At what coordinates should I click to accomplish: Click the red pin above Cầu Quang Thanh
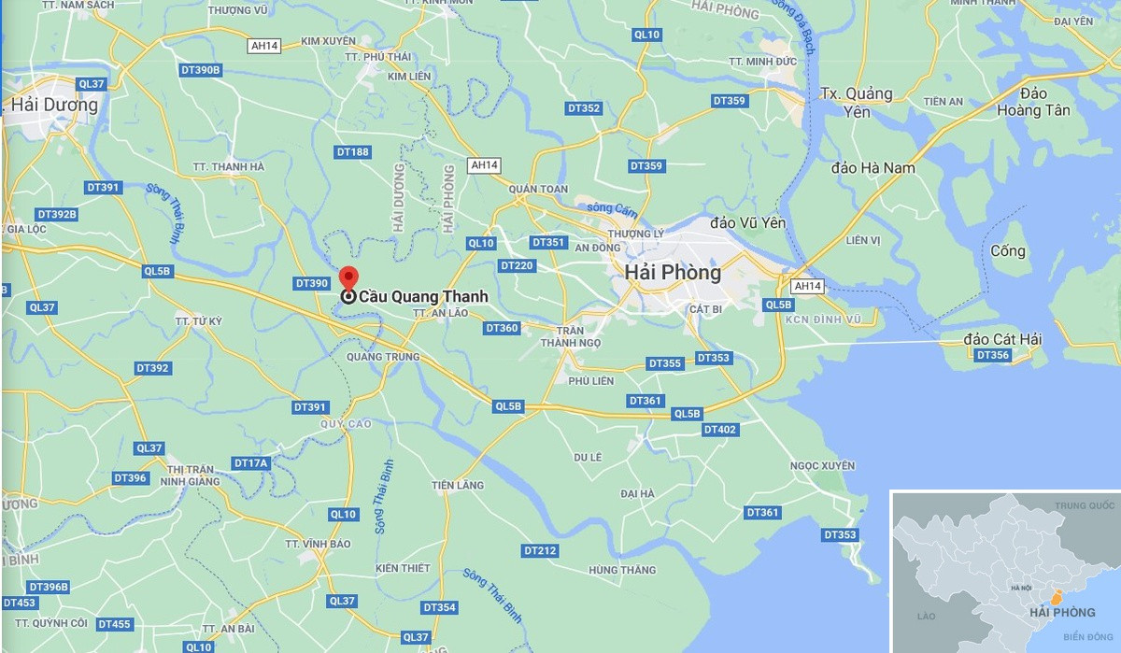348,278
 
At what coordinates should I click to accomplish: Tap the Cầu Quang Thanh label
423,297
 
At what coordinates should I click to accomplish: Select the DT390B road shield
201,70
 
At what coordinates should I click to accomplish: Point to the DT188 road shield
353,151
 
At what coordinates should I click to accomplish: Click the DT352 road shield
585,108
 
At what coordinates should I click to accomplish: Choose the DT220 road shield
517,266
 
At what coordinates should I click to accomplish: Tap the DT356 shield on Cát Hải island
992,355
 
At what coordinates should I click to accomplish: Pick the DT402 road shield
720,430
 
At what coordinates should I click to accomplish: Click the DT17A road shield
250,463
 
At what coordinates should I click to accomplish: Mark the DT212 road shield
540,551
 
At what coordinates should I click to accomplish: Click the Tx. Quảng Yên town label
856,103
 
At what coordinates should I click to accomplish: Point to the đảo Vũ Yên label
748,222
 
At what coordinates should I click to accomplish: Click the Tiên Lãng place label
458,485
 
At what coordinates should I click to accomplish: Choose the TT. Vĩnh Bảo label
318,544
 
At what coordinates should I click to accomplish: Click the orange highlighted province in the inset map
1057,595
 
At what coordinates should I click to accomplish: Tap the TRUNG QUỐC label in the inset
1085,505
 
